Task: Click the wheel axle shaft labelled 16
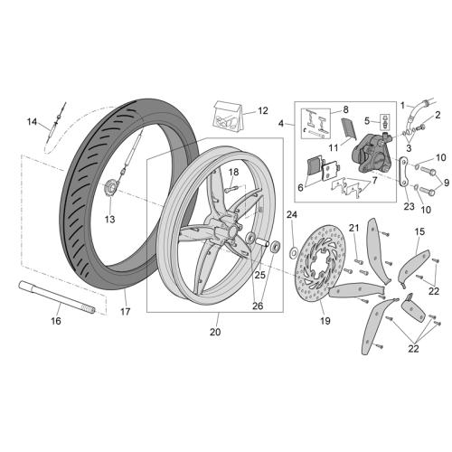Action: tap(57, 297)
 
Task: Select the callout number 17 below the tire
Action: tap(126, 312)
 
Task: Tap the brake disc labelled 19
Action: tap(320, 262)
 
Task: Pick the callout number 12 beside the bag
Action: tap(263, 111)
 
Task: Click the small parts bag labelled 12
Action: tap(228, 118)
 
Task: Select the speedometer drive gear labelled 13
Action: tap(110, 188)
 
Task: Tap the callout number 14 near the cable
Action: tap(32, 122)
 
